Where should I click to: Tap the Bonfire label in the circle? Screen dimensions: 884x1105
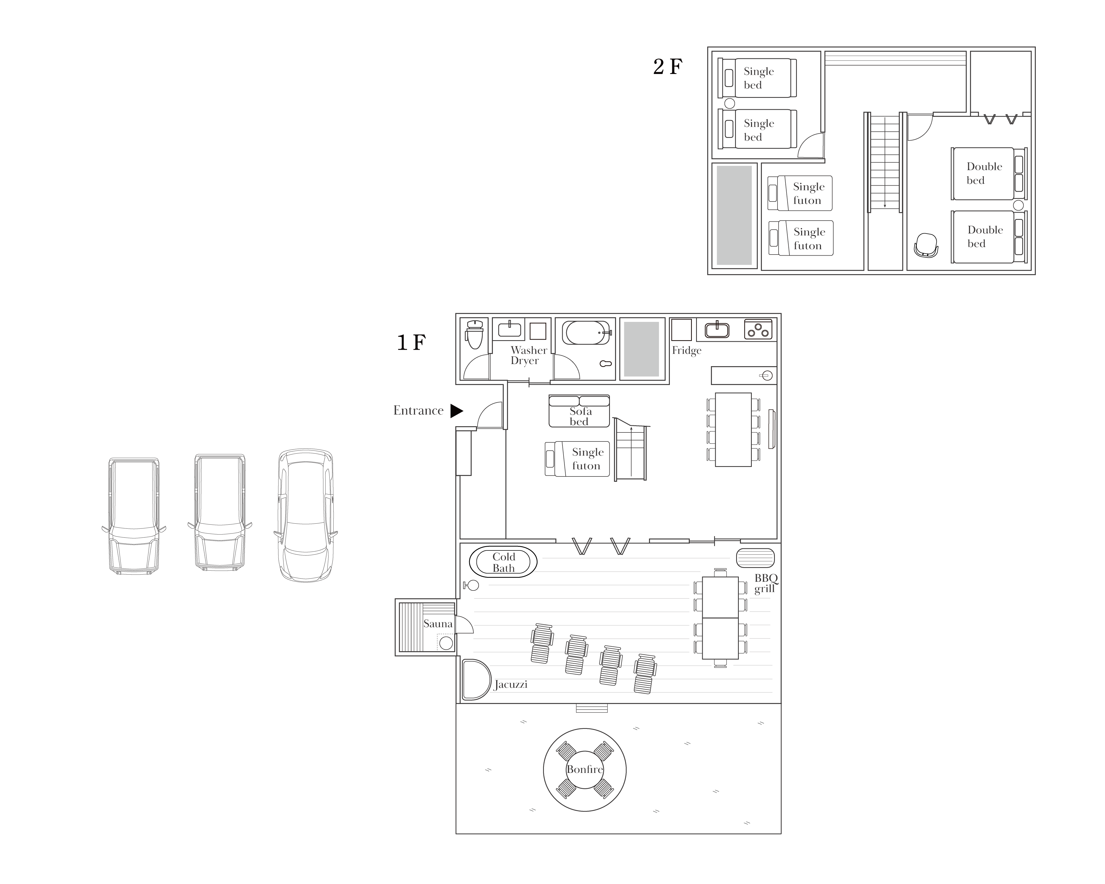click(x=584, y=769)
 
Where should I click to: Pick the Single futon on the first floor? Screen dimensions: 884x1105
click(x=577, y=459)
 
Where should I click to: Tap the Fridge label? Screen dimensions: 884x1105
click(x=686, y=351)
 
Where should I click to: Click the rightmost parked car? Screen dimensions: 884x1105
click(x=305, y=515)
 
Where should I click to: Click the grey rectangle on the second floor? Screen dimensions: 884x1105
click(x=734, y=215)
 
